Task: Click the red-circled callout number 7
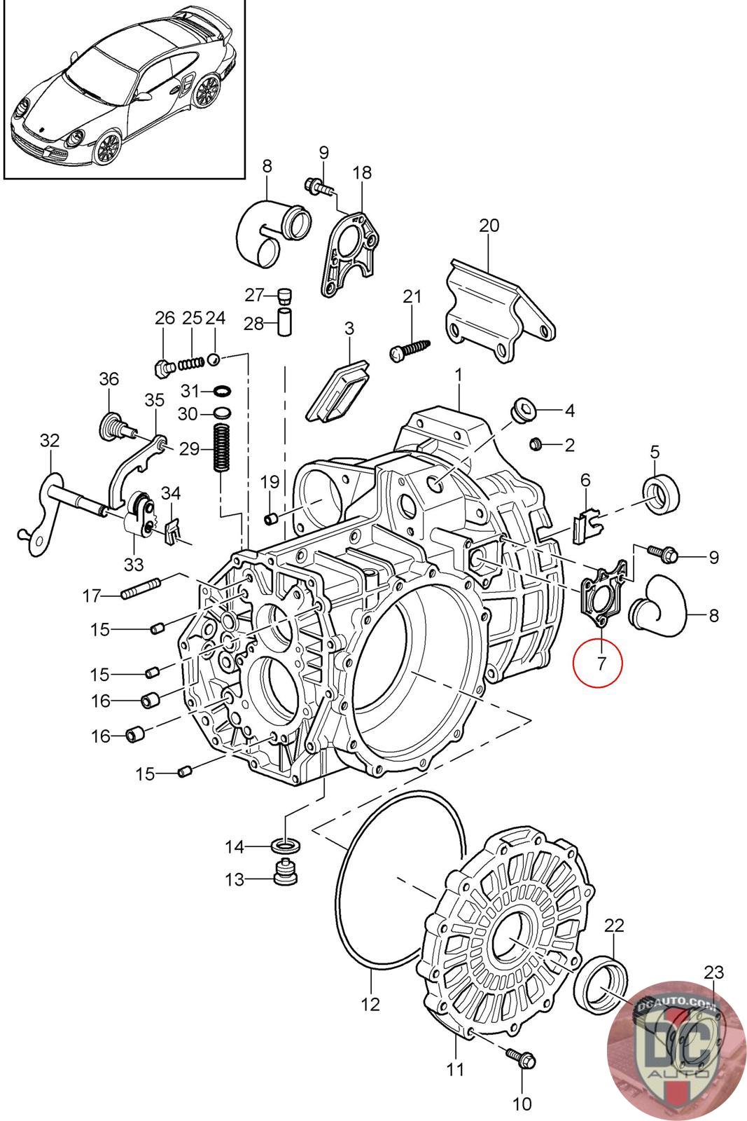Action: click(x=601, y=663)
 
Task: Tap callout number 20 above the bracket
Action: click(x=489, y=226)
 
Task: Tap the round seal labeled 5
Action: click(x=660, y=493)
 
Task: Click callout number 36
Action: click(x=109, y=379)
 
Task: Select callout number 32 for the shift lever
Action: click(x=50, y=441)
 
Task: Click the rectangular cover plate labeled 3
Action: click(x=338, y=391)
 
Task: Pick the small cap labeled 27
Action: click(x=284, y=296)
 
